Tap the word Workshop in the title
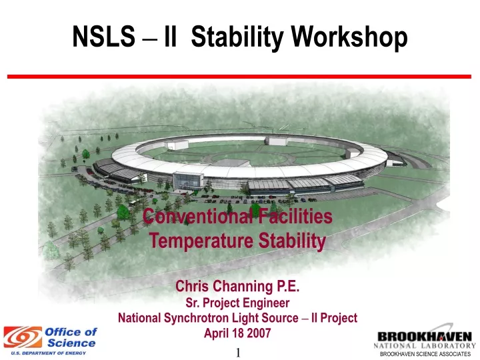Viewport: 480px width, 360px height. pos(349,37)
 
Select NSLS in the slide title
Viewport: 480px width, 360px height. pos(103,37)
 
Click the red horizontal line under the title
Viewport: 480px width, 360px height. pos(239,76)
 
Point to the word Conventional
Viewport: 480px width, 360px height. pos(198,216)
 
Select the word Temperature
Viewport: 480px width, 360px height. pos(201,241)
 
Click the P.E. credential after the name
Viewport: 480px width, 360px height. pos(288,286)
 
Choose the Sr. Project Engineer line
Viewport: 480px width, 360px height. pos(237,303)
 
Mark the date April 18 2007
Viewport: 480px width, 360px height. pos(237,333)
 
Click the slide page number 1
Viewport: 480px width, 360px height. pos(238,353)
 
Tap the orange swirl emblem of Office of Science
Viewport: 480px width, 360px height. pos(23,337)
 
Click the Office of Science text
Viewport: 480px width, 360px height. pos(71,337)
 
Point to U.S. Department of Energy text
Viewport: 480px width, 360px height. pos(49,353)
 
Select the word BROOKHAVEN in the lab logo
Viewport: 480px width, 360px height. pos(425,337)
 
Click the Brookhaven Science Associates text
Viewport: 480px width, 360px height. pos(425,354)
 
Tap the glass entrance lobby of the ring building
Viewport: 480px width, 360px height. pos(188,181)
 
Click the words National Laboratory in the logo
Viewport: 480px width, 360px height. pos(425,346)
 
